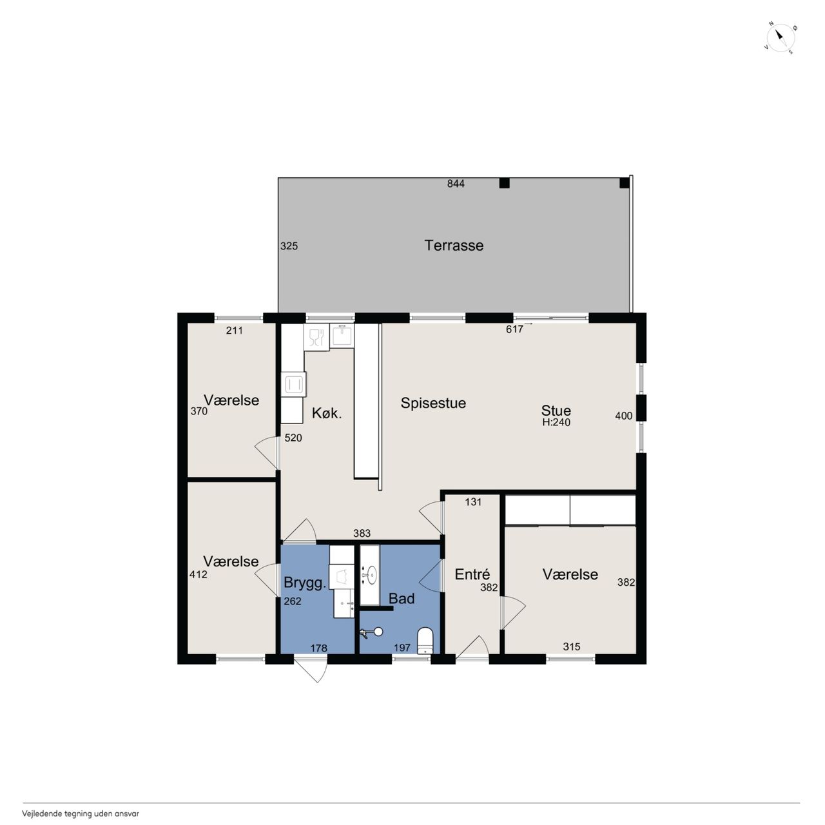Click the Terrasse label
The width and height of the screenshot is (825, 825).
click(454, 246)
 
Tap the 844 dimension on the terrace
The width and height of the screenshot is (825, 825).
click(456, 184)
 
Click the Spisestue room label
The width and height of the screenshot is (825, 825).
click(433, 403)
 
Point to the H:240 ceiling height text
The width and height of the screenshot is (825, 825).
click(556, 422)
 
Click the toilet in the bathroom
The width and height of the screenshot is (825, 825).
click(425, 641)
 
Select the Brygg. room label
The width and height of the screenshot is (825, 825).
click(306, 583)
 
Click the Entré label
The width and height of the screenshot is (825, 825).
click(472, 574)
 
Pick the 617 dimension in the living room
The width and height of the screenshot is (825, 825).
click(514, 329)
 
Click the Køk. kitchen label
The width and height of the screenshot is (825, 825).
click(327, 414)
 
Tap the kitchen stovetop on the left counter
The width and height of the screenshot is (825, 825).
click(294, 384)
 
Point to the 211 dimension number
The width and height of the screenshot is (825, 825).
click(235, 331)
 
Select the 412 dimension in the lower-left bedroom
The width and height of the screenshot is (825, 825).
click(199, 574)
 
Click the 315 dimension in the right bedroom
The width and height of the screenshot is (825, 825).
click(572, 646)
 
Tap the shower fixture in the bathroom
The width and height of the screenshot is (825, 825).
click(372, 632)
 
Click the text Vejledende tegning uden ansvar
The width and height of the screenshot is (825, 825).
click(81, 801)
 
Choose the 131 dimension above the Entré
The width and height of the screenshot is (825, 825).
click(473, 502)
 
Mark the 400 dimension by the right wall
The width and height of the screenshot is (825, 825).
click(623, 416)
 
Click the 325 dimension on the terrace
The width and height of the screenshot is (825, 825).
click(289, 246)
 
